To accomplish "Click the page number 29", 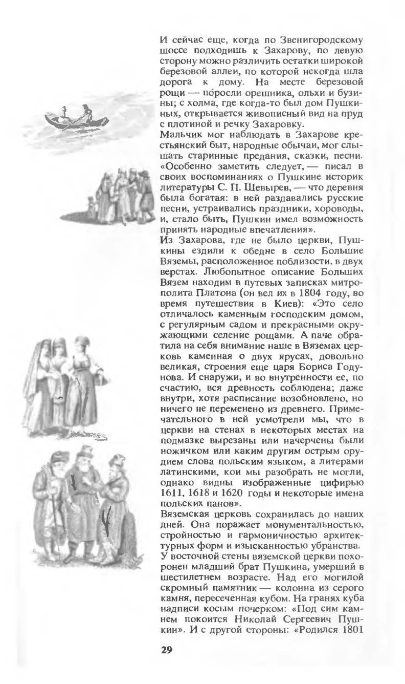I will [167, 650].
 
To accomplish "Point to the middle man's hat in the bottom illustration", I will [83, 451].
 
